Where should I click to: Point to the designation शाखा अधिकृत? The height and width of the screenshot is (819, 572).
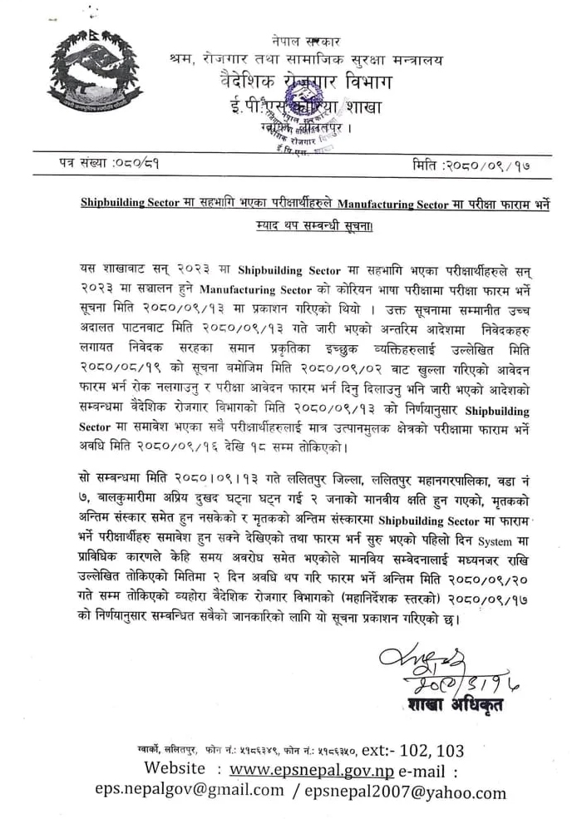(x=453, y=706)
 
